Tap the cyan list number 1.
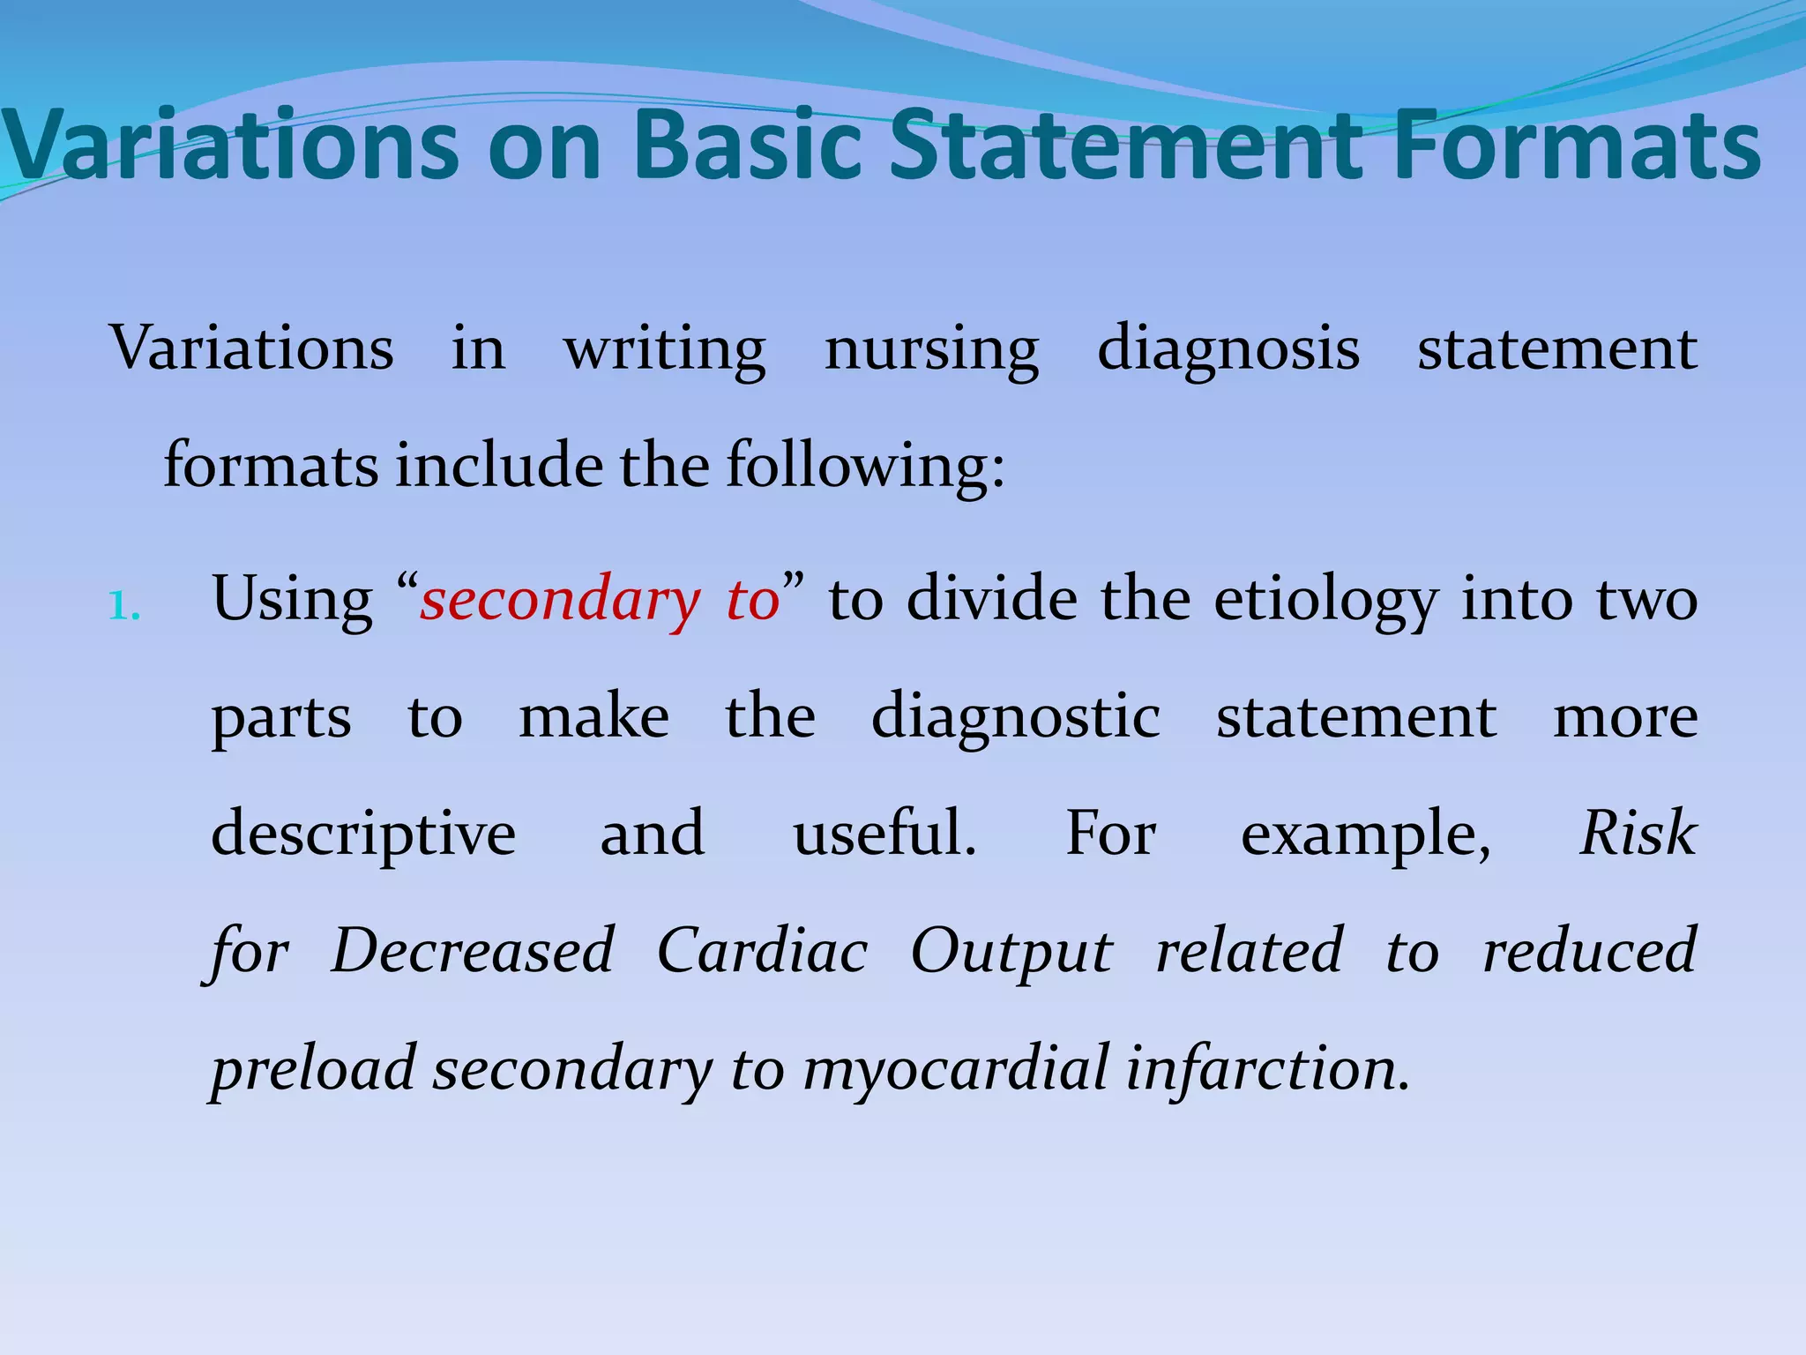[x=123, y=606]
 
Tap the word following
[x=864, y=466]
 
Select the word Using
[x=292, y=601]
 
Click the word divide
[x=992, y=599]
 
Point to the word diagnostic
[x=1015, y=717]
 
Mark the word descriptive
[x=363, y=835]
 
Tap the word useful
[x=884, y=833]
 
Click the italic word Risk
[x=1638, y=833]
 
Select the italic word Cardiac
[x=762, y=951]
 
